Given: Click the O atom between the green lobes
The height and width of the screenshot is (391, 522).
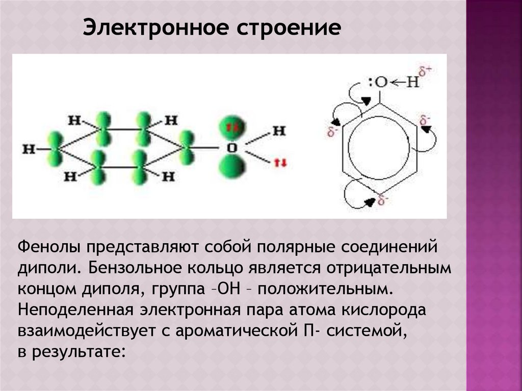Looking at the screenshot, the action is [231, 148].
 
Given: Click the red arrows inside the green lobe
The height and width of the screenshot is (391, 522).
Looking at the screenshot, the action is [232, 127].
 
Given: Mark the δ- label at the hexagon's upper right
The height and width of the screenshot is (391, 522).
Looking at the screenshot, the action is [425, 121].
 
